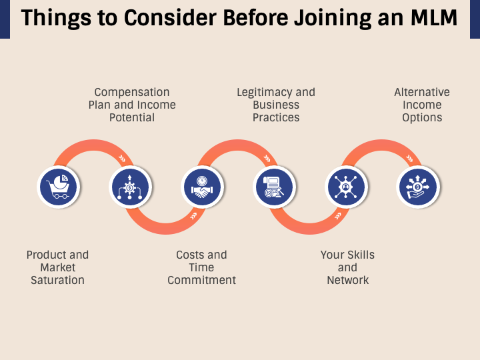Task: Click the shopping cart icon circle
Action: (x=58, y=187)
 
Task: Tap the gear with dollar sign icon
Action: (x=130, y=187)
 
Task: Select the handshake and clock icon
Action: (x=202, y=187)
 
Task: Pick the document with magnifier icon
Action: (x=274, y=187)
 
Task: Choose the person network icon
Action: (x=346, y=187)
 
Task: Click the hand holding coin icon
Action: (x=418, y=187)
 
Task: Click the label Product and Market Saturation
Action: (x=57, y=267)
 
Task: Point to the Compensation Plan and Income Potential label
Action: (x=132, y=105)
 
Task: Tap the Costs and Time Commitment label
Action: (x=201, y=267)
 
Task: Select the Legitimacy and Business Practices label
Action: (x=276, y=105)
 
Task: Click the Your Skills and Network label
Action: (x=347, y=267)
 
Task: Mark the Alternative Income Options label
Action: (x=422, y=105)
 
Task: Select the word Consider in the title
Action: (x=161, y=19)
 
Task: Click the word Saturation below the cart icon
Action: (x=57, y=280)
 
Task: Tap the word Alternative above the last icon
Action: (x=422, y=92)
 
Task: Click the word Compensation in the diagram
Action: (x=132, y=92)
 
